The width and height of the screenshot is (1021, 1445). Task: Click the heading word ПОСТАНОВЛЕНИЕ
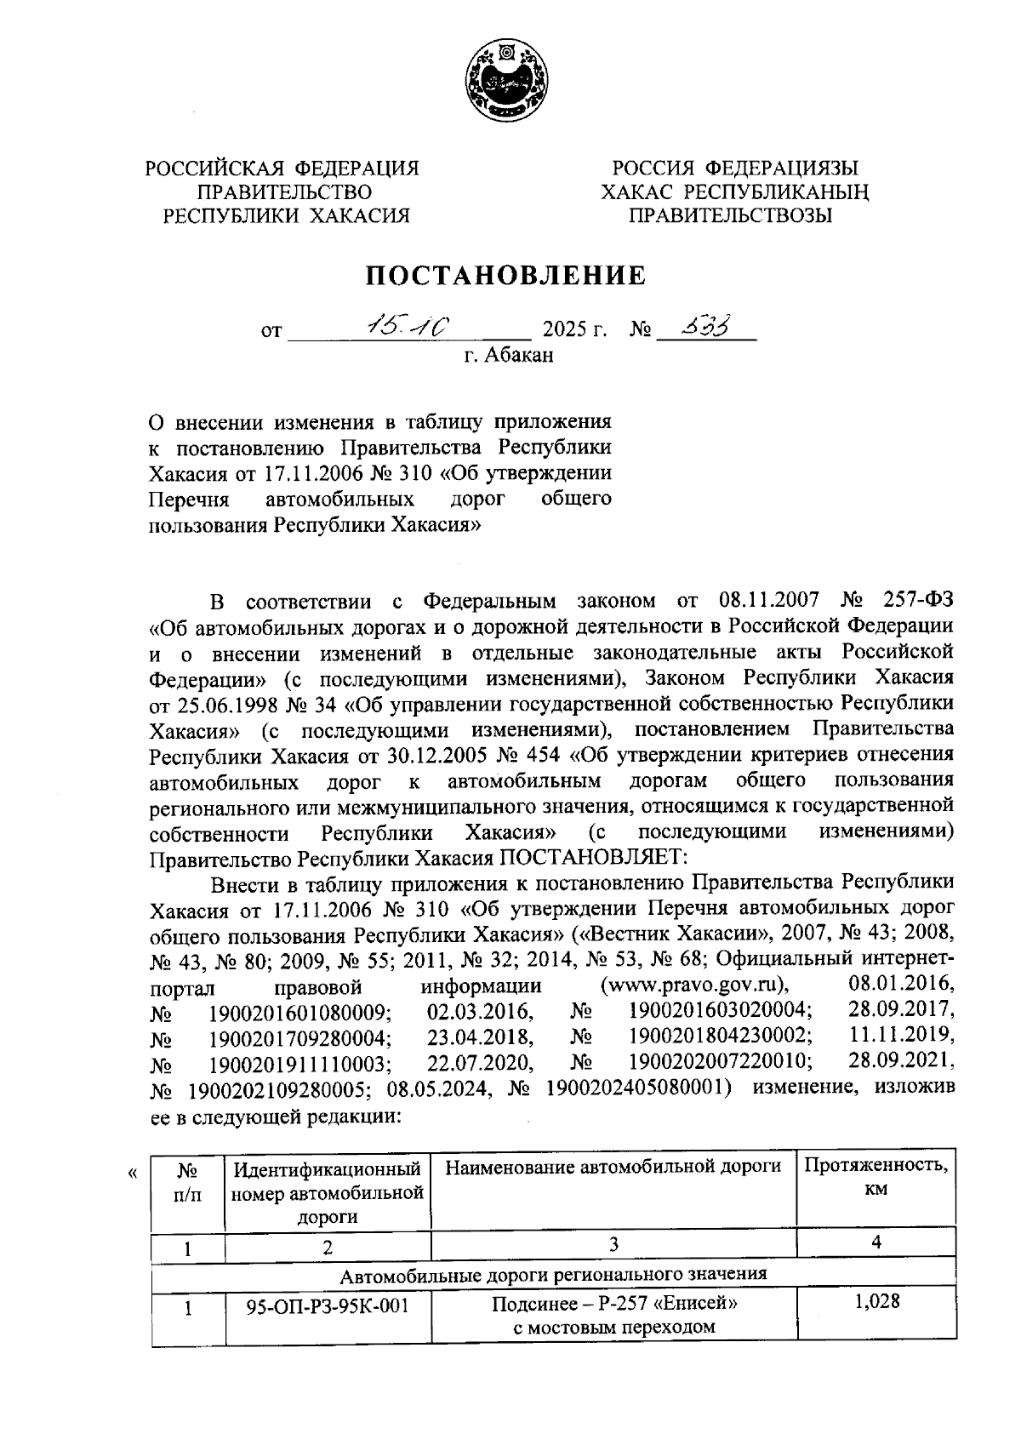pos(505,276)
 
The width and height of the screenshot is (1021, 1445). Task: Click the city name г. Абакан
pos(509,355)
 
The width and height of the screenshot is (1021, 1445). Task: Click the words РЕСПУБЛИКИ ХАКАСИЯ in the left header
pos(286,215)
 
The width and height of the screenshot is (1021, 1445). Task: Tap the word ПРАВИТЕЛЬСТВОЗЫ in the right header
pos(729,215)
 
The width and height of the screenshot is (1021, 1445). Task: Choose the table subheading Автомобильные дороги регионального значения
pos(553,1274)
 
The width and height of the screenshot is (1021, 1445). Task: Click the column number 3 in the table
pos(613,1244)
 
